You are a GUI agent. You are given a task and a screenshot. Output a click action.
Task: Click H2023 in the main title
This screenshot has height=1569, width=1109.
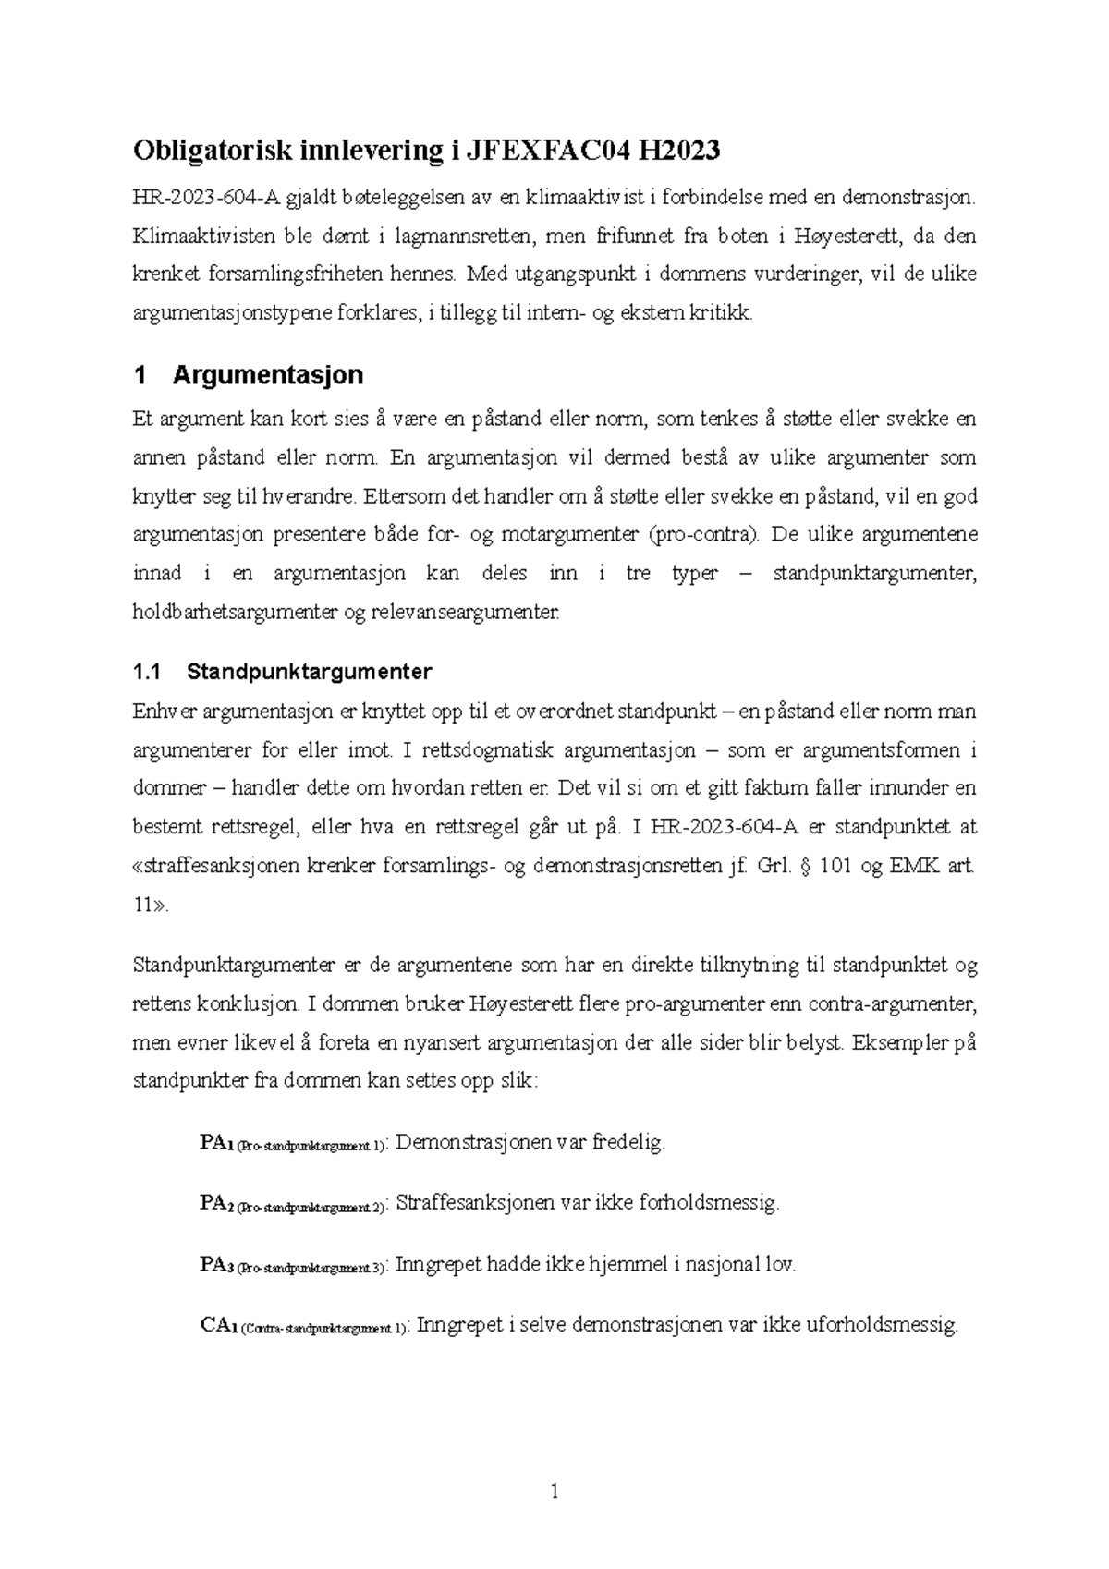point(676,151)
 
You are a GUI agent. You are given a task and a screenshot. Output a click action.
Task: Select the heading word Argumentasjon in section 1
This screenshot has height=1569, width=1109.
point(268,375)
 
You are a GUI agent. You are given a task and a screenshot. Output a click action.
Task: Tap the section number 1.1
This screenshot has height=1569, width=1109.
point(147,672)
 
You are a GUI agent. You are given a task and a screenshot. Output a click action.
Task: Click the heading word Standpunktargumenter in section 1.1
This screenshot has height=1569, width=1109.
point(310,672)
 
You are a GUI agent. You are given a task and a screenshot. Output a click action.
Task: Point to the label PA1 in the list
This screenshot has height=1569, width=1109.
point(214,1143)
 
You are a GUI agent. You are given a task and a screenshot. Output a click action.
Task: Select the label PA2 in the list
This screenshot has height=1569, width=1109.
point(214,1203)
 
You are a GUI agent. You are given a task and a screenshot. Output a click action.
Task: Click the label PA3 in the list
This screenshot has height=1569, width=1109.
point(214,1265)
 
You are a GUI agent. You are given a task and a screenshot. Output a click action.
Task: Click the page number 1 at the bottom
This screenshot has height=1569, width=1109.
point(554,1490)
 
